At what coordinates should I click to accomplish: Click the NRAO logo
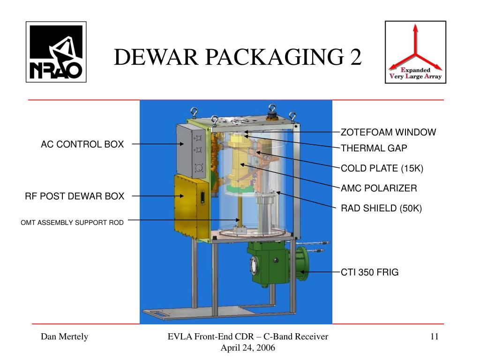pyautogui.click(x=56, y=52)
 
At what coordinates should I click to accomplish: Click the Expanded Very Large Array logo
pyautogui.click(x=415, y=52)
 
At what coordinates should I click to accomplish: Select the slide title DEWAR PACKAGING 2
pyautogui.click(x=238, y=58)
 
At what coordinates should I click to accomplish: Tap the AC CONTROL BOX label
pyautogui.click(x=82, y=144)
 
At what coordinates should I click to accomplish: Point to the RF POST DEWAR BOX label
pyautogui.click(x=75, y=196)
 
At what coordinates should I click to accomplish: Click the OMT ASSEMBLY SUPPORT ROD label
pyautogui.click(x=72, y=223)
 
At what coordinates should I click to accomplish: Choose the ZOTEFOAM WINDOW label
pyautogui.click(x=388, y=132)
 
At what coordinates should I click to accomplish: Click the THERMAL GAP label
pyautogui.click(x=374, y=149)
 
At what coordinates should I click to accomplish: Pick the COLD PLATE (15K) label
pyautogui.click(x=382, y=168)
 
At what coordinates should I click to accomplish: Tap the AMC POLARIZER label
pyautogui.click(x=379, y=188)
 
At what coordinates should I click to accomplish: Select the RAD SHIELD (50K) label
pyautogui.click(x=382, y=208)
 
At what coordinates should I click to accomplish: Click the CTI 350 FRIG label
pyautogui.click(x=369, y=272)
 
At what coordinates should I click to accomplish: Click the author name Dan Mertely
pyautogui.click(x=64, y=337)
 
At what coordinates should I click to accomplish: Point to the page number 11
pyautogui.click(x=434, y=337)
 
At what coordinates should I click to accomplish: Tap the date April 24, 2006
pyautogui.click(x=248, y=347)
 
